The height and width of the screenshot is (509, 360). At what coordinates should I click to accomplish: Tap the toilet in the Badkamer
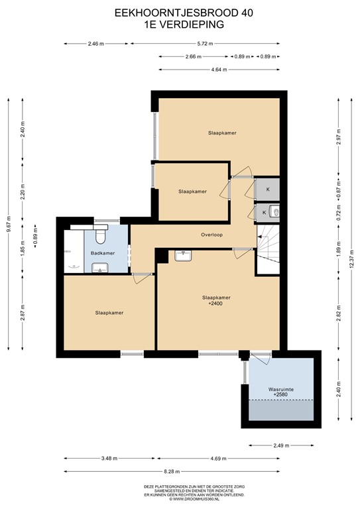click(101, 234)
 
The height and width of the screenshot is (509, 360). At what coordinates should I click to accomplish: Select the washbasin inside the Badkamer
click(99, 267)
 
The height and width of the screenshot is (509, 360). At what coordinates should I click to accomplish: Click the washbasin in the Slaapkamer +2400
click(183, 255)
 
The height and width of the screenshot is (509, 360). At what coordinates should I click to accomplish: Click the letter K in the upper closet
click(268, 189)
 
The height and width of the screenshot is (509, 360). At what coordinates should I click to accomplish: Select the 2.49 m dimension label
click(280, 446)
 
